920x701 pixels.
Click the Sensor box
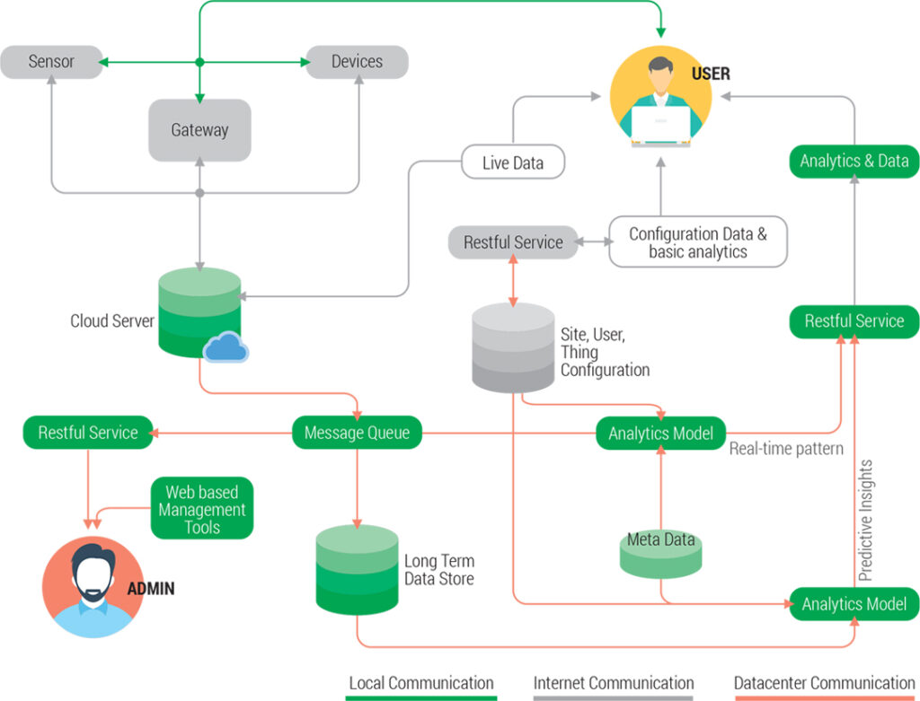50,62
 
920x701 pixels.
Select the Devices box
357,62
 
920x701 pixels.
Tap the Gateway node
199,130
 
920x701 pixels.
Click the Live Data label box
513,162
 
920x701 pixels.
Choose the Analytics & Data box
854,162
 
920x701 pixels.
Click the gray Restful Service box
513,242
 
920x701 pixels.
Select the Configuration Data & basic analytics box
698,242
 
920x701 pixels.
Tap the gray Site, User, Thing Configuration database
513,348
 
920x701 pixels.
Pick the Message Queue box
357,433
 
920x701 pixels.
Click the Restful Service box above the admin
88,433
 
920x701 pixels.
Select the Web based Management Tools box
202,509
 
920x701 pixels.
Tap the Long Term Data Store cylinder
357,570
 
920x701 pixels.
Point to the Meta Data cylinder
660,552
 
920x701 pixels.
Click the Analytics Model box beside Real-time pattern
660,433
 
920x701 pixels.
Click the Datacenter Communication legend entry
824,684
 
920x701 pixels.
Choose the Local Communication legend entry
421,684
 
